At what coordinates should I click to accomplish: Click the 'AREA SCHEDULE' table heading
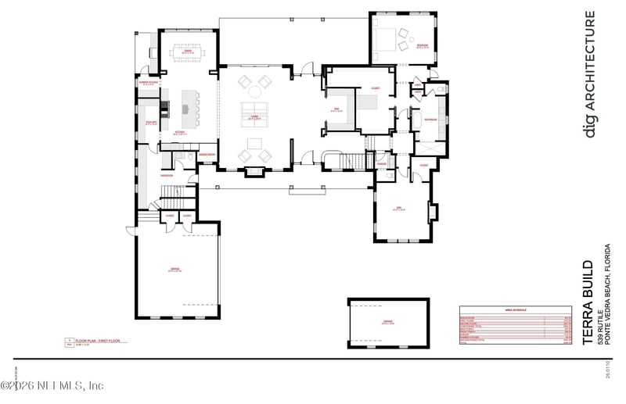point(515,310)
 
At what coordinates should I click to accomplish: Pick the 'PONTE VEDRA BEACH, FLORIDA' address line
point(606,295)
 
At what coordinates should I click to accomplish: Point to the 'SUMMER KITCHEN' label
point(149,82)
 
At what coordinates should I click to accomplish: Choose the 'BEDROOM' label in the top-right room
point(423,46)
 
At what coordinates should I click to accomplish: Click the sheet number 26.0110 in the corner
point(607,368)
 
